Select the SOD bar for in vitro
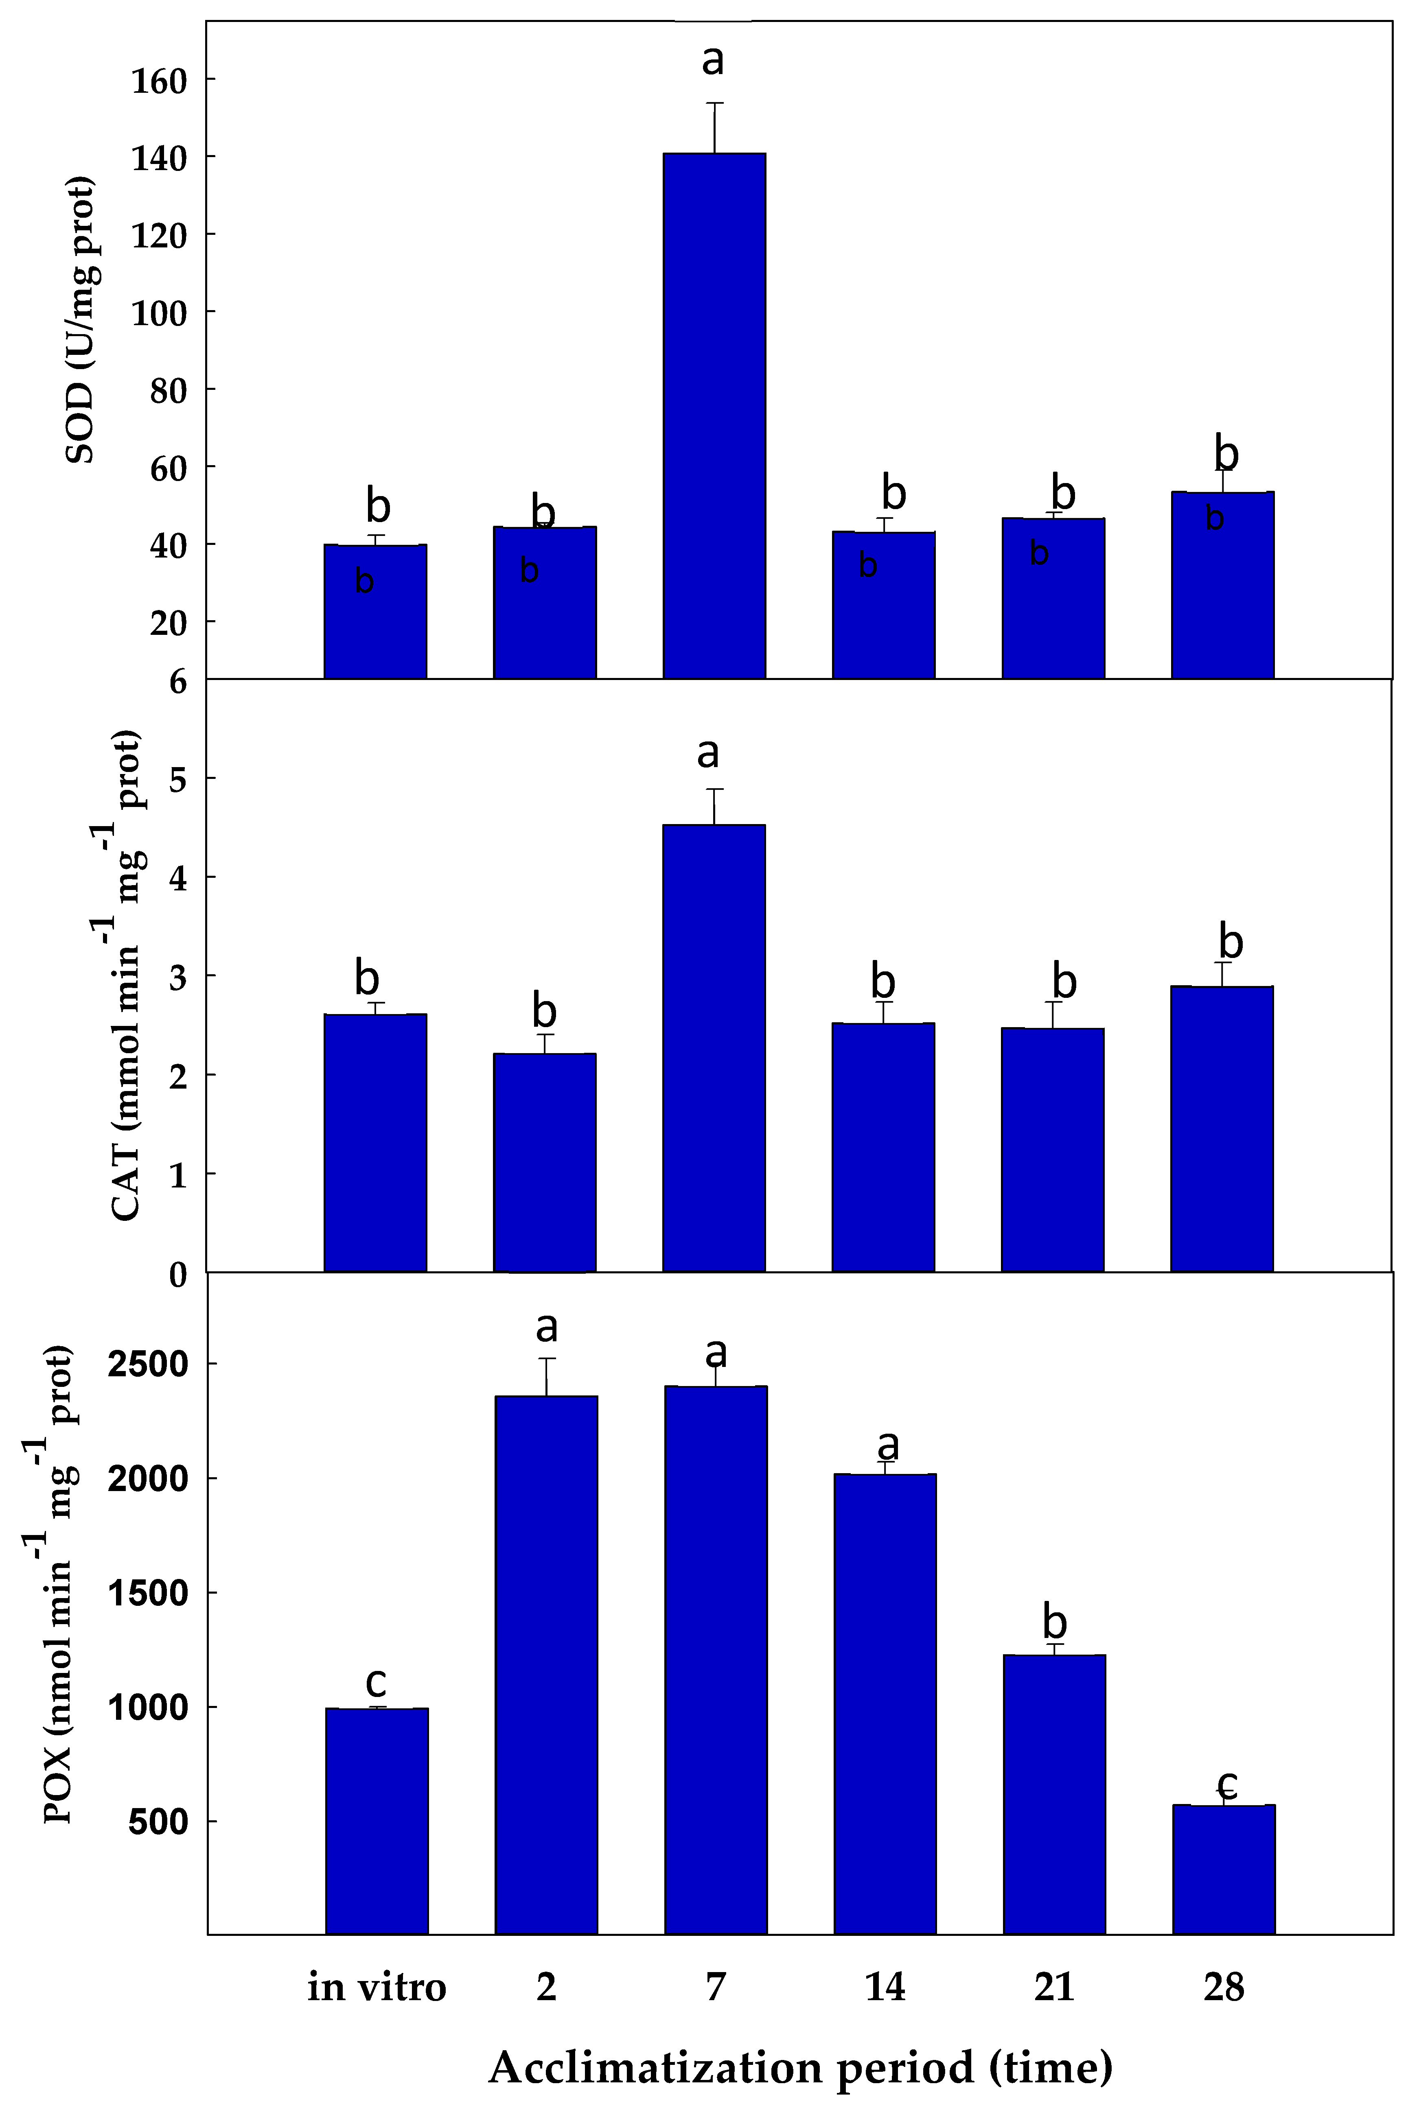[x=375, y=610]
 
